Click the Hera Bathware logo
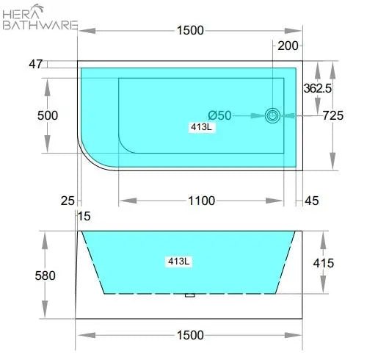pyautogui.click(x=40, y=18)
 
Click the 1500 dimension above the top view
pyautogui.click(x=190, y=31)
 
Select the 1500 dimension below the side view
pyautogui.click(x=190, y=335)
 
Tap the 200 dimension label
pyautogui.click(x=288, y=46)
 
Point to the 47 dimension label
pyautogui.click(x=36, y=65)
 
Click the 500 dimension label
pyautogui.click(x=48, y=115)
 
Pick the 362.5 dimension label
pyautogui.click(x=318, y=88)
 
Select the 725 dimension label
pyautogui.click(x=333, y=115)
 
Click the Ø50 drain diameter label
pyautogui.click(x=219, y=115)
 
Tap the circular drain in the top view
pyautogui.click(x=272, y=115)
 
